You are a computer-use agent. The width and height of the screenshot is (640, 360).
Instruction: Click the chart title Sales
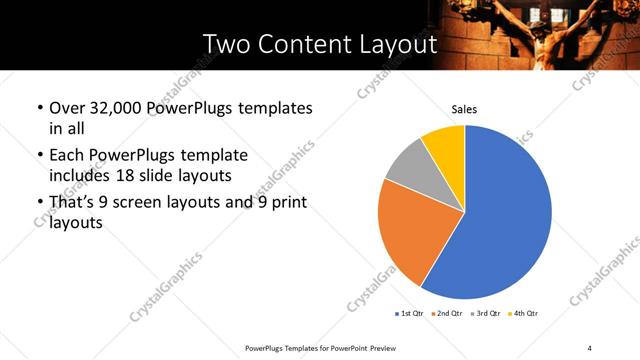point(464,109)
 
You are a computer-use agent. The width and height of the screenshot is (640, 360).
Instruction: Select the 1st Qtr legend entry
point(410,314)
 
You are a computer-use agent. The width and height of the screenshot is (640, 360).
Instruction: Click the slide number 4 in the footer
point(590,347)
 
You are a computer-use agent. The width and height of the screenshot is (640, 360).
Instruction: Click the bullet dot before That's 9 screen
point(39,203)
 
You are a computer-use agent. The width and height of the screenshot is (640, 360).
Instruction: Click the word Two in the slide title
point(226,45)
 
